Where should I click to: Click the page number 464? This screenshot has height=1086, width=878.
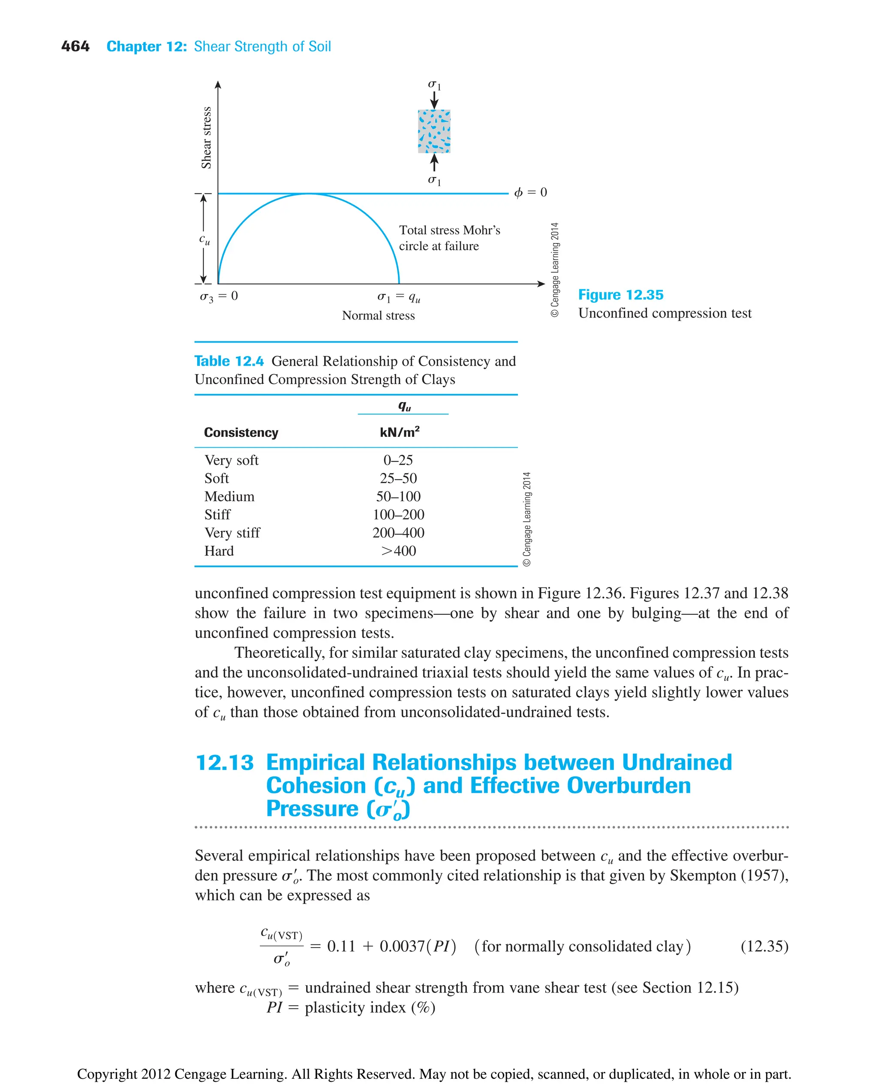pyautogui.click(x=75, y=47)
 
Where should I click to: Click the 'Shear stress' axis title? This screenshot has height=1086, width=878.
pyautogui.click(x=206, y=138)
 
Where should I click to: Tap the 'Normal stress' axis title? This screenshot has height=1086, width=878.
pyautogui.click(x=378, y=316)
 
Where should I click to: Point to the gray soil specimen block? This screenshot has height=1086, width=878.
pyautogui.click(x=434, y=132)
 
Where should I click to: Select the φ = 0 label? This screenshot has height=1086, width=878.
pyautogui.click(x=530, y=193)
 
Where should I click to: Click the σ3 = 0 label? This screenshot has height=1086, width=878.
pyautogui.click(x=219, y=296)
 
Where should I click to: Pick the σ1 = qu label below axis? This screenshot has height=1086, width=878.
pyautogui.click(x=399, y=298)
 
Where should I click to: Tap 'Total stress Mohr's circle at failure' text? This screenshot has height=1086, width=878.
pyautogui.click(x=449, y=238)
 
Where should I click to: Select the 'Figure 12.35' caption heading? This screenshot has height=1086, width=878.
pyautogui.click(x=621, y=295)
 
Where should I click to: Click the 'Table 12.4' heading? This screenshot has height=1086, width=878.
pyautogui.click(x=229, y=361)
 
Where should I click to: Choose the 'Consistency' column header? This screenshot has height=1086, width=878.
pyautogui.click(x=241, y=433)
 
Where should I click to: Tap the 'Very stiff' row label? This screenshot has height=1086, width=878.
pyautogui.click(x=232, y=532)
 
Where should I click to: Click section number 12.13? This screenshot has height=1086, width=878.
pyautogui.click(x=224, y=763)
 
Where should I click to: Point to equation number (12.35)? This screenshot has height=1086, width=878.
pyautogui.click(x=764, y=946)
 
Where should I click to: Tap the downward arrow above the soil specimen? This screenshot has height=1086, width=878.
pyautogui.click(x=434, y=101)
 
